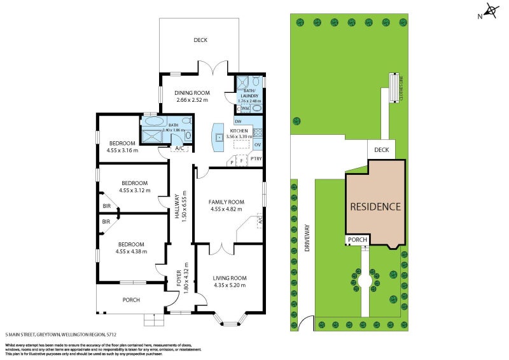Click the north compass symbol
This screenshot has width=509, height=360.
(x=491, y=10)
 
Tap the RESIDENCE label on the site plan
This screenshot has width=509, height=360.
(x=375, y=207)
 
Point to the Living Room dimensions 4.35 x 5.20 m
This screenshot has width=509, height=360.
(x=229, y=285)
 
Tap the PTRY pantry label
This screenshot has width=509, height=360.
(x=256, y=158)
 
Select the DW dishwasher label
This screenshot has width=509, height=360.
(x=238, y=121)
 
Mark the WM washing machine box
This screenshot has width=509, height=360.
(x=246, y=109)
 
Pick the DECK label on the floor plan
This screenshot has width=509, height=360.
(x=200, y=40)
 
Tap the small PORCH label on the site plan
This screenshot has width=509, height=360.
(x=358, y=240)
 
